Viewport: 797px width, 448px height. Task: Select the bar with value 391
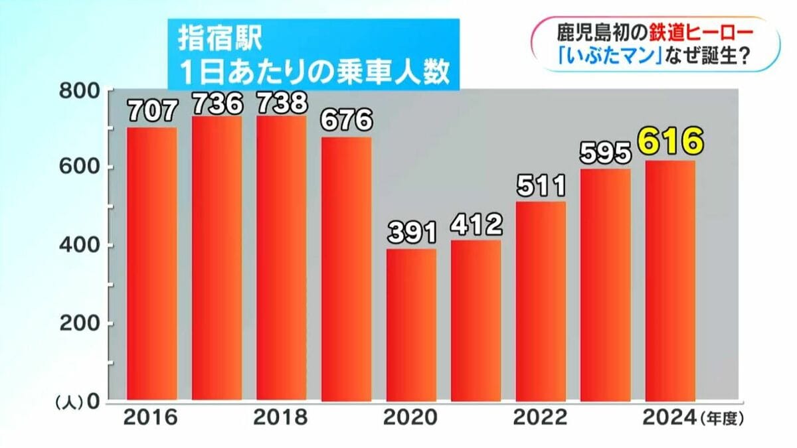(x=412, y=325)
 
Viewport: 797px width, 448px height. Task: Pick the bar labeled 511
(x=541, y=302)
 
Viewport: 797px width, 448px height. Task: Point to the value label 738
(x=282, y=103)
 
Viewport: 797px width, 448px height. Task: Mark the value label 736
(x=217, y=104)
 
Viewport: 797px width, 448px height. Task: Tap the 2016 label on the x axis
(x=151, y=418)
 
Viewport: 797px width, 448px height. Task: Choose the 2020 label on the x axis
(x=410, y=418)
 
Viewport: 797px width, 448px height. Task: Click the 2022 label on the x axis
(x=541, y=418)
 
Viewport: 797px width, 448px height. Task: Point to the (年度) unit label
(x=721, y=419)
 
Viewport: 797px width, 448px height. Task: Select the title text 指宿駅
(x=219, y=38)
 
